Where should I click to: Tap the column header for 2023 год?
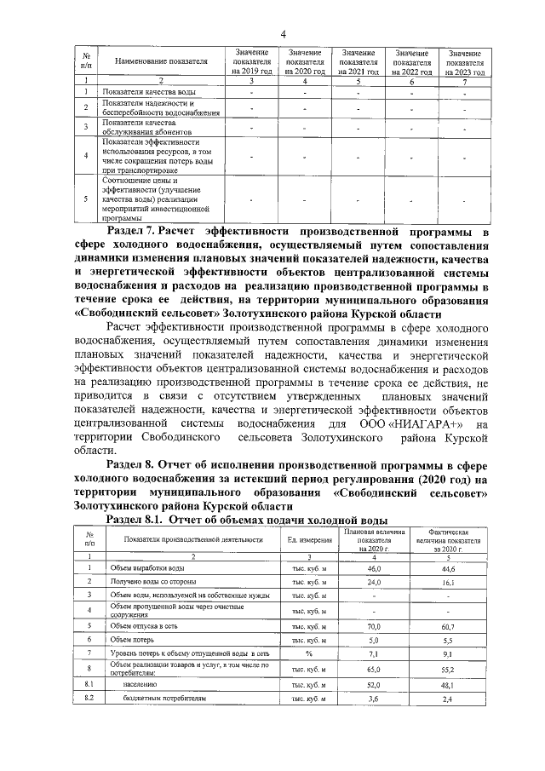[465, 62]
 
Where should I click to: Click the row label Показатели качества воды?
[151, 92]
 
